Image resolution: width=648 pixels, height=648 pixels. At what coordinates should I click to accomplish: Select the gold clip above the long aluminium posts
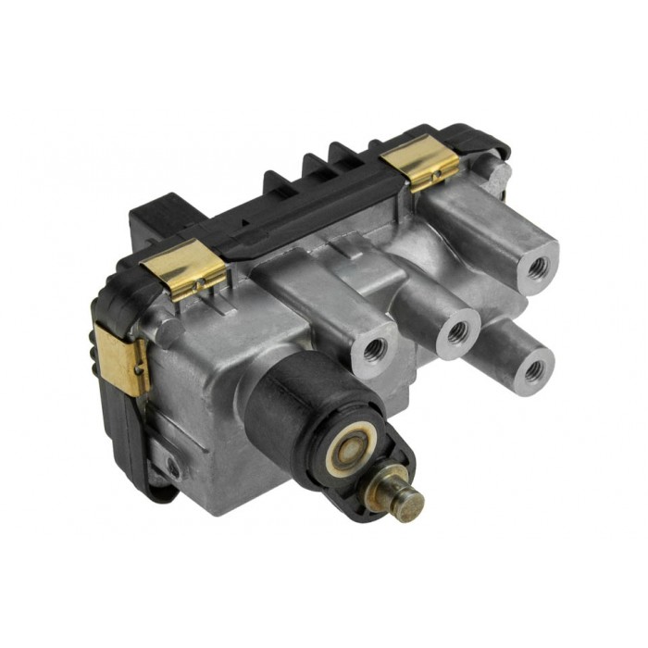[x=422, y=163]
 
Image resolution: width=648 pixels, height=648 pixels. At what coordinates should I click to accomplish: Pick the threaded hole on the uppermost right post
[x=537, y=266]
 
